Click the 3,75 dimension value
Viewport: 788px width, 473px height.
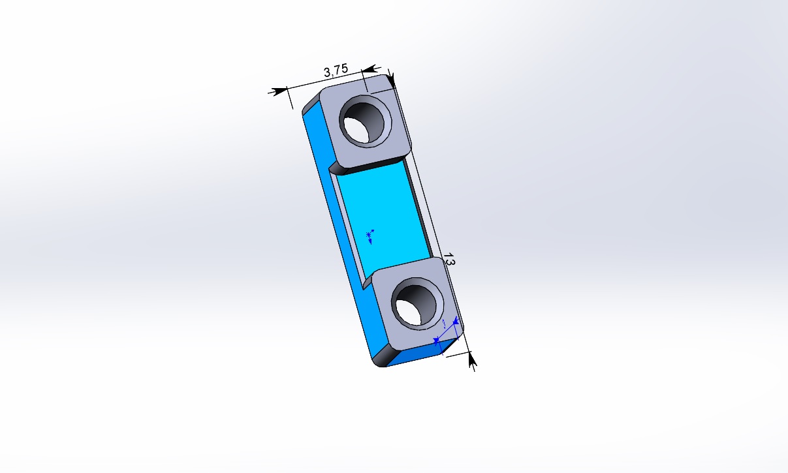(x=336, y=70)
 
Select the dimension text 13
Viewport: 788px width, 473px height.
(x=449, y=259)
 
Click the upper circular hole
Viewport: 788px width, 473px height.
(x=365, y=121)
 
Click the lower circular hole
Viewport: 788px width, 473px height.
(x=417, y=304)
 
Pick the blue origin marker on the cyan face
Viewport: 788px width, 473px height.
(x=370, y=237)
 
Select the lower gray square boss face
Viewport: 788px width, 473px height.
(x=418, y=303)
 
